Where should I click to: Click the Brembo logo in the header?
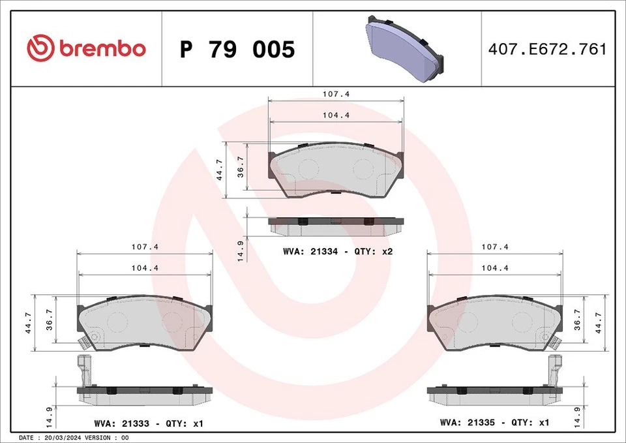(x=86, y=49)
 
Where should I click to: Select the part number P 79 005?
(x=237, y=50)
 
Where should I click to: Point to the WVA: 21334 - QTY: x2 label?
(x=337, y=251)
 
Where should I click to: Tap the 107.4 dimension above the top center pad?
(x=336, y=94)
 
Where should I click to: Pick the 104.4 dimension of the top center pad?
(x=336, y=115)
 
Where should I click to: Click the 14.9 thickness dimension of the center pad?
(x=241, y=251)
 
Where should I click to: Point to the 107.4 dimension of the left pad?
(x=145, y=247)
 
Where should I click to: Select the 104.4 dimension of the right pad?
(x=494, y=268)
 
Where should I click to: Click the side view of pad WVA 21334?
(x=336, y=226)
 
